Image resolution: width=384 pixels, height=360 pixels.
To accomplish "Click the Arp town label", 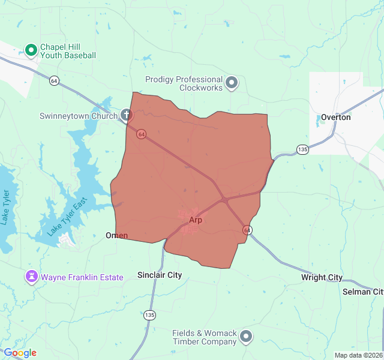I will pos(196,220).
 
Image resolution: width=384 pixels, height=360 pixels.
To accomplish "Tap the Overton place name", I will pos(335,117).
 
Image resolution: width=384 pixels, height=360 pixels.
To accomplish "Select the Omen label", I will pos(116,235).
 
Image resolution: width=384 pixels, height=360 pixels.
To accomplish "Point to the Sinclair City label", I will pos(160,275).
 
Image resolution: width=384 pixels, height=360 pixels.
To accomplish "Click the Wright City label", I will pos(322,277).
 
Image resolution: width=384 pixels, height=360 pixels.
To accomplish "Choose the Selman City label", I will pos(362,292).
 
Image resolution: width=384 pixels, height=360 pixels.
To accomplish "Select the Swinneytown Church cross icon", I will pos(126,114).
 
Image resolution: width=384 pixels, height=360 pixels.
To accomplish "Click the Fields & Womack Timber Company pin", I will pos(246,337).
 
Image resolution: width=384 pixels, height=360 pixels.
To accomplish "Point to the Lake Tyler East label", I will pos(68,217).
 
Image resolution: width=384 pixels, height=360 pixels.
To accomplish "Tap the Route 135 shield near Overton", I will pos(302,149).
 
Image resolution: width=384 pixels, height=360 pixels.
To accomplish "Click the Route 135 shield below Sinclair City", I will pos(149,315).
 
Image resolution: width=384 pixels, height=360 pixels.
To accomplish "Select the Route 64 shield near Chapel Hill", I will pos(55,80).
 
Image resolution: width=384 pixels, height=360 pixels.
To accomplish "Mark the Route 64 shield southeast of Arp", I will pos(247,230).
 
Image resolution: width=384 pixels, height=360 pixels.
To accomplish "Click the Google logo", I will pos(20,353).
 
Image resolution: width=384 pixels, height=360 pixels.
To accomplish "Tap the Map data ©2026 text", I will pos(358,355).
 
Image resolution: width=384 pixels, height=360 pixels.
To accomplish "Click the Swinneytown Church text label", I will pos(79,116).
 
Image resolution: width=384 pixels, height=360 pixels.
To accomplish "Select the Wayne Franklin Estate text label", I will pos(82,277).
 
